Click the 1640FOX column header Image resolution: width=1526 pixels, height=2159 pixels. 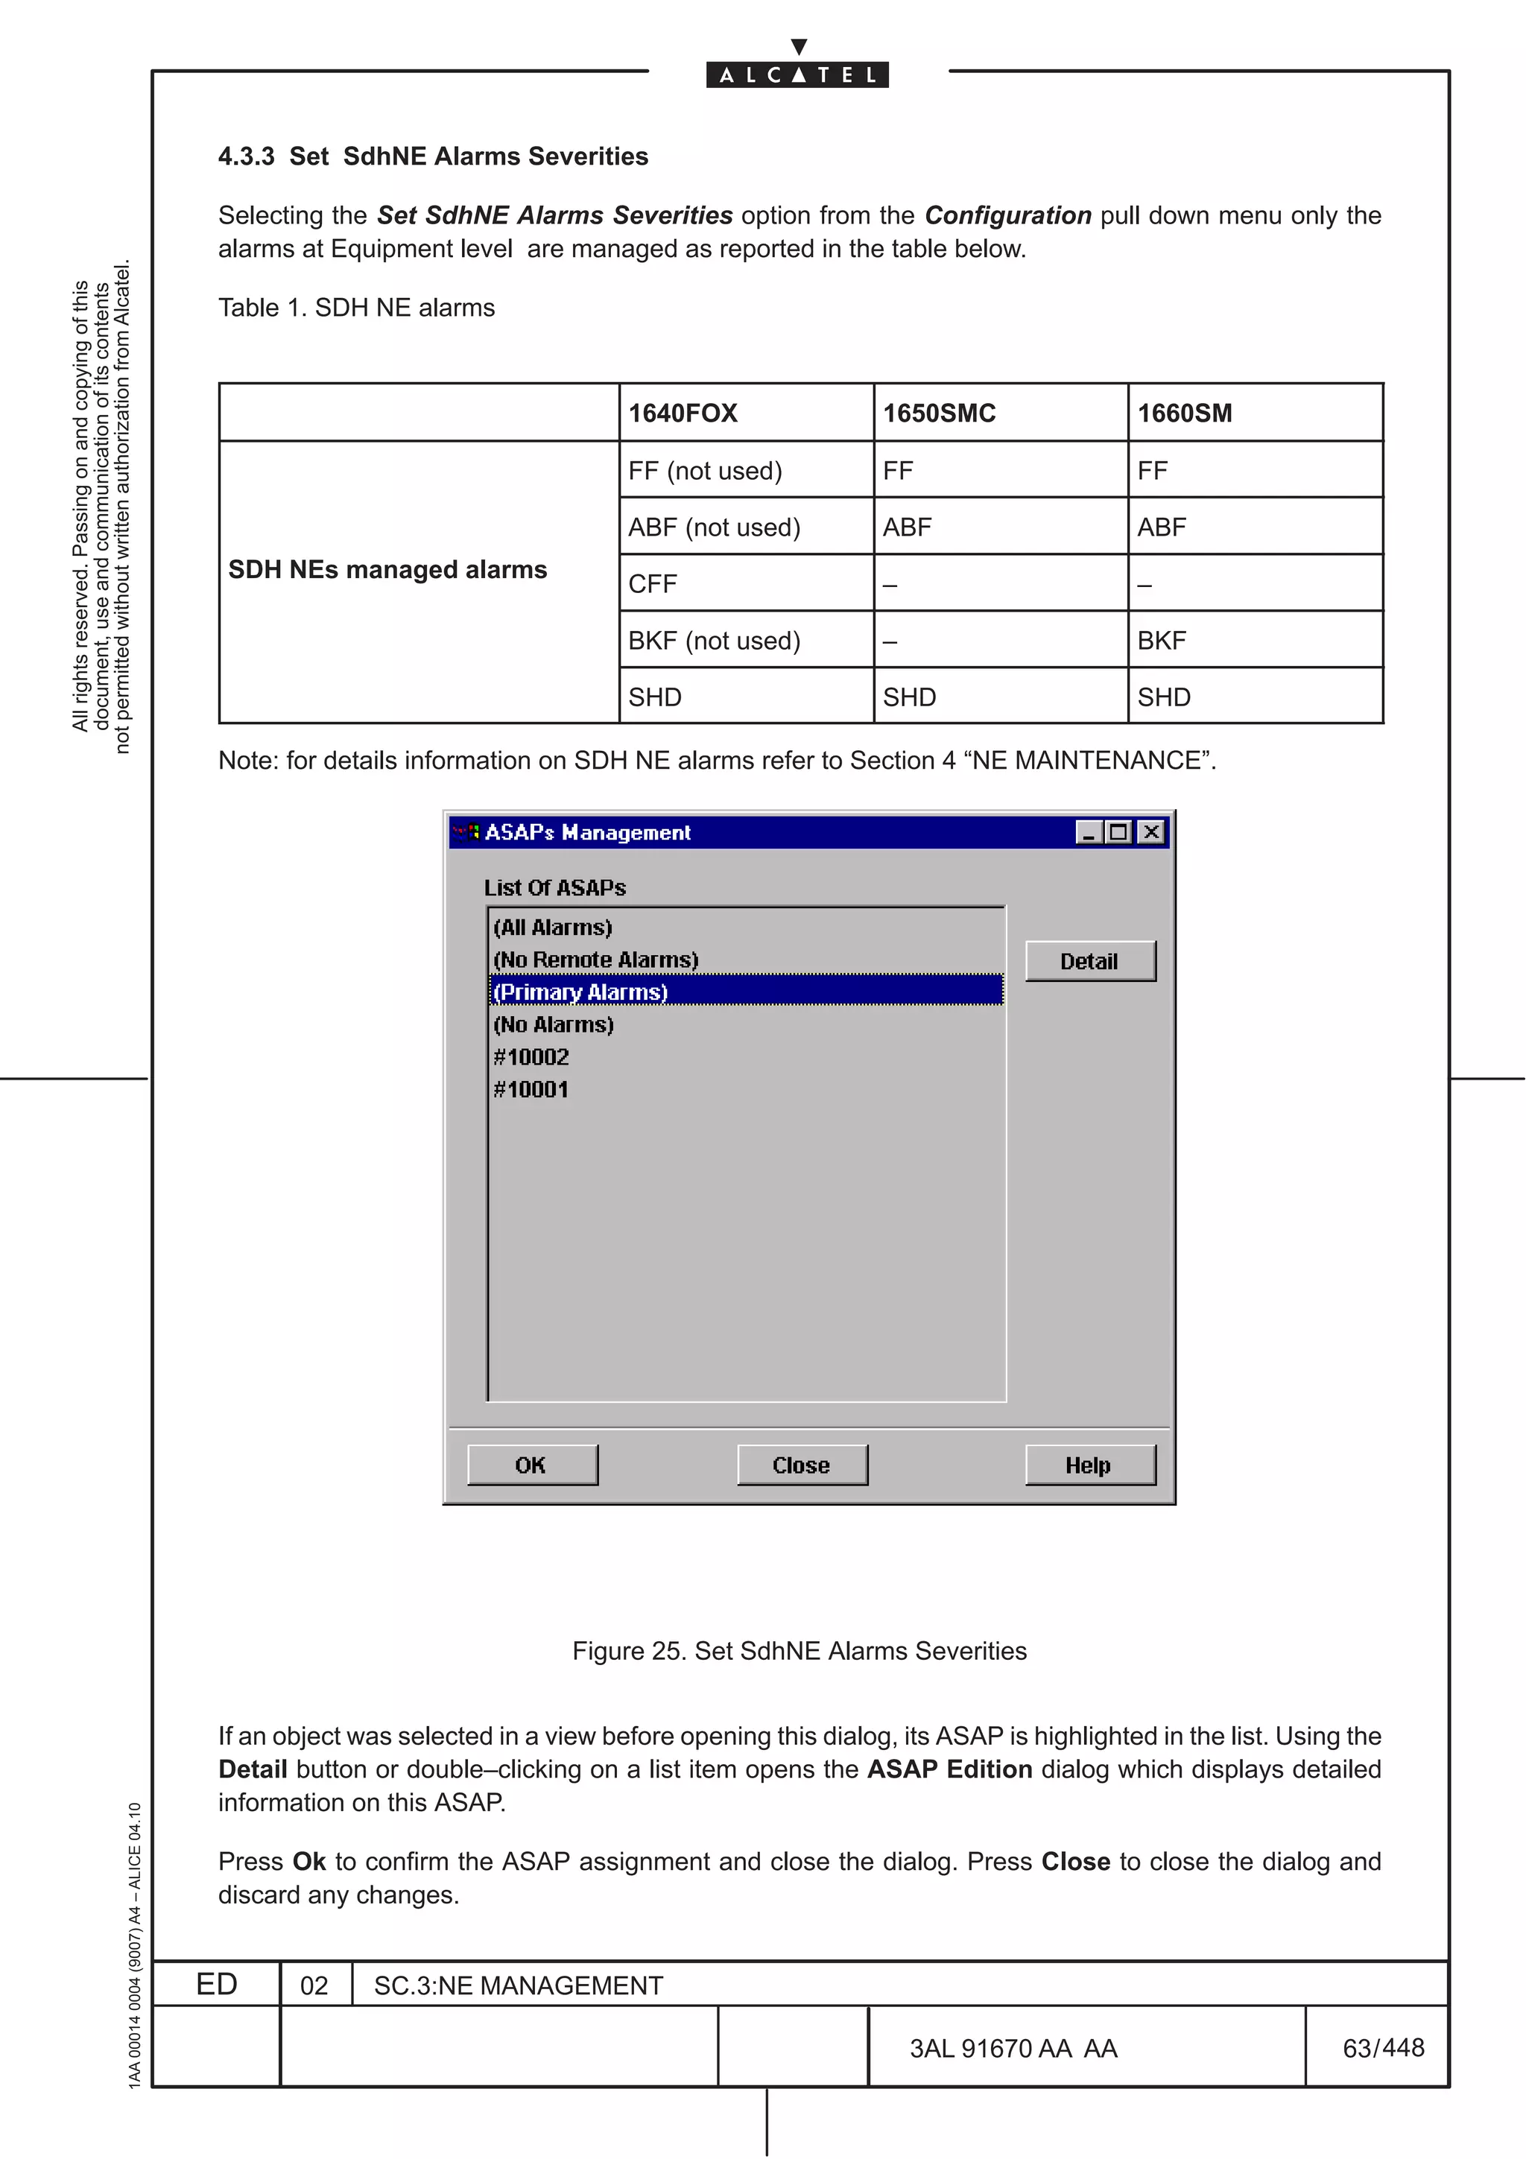(683, 413)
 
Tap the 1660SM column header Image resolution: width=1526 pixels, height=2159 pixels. (1184, 413)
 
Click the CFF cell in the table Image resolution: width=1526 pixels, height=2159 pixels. (653, 584)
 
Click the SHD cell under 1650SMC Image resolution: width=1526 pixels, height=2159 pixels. (909, 697)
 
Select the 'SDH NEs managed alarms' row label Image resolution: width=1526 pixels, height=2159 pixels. (387, 570)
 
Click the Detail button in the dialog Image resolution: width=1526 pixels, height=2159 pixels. (1089, 961)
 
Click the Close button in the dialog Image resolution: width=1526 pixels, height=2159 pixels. (801, 1465)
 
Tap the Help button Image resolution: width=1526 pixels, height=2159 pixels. (1089, 1465)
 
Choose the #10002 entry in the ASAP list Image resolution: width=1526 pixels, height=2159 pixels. (531, 1057)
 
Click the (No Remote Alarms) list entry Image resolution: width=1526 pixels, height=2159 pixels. (596, 959)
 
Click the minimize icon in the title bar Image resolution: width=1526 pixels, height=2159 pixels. (1089, 832)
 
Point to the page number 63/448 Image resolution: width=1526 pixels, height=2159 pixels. (1383, 2047)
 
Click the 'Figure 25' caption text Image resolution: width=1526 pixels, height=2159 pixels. (800, 1650)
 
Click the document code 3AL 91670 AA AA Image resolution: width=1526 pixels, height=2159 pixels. (1013, 2048)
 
